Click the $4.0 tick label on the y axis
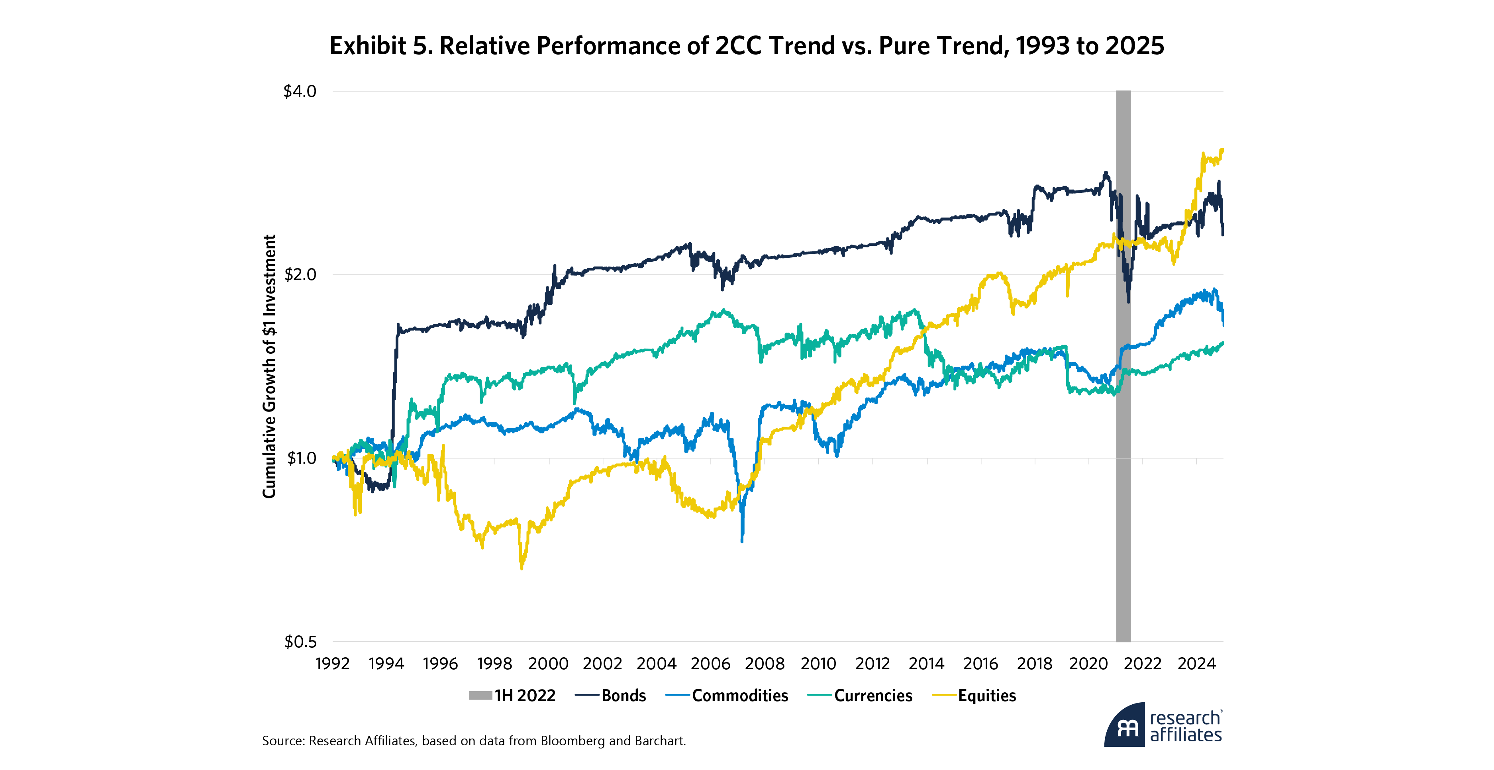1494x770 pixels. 299,92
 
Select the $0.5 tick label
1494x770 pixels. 300,642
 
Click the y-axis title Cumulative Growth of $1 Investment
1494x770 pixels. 269,366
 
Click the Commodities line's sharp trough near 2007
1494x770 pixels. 742,541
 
